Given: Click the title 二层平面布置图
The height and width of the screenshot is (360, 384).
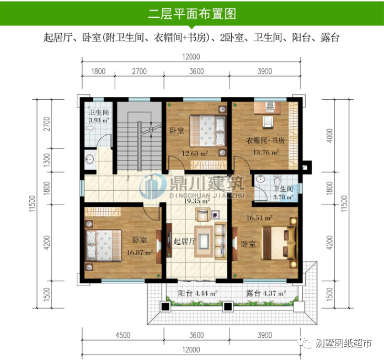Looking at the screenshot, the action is pyautogui.click(x=192, y=14).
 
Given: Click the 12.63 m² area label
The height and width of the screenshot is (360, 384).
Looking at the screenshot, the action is pyautogui.click(x=195, y=154).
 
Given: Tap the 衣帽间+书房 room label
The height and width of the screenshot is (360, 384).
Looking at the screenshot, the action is pyautogui.click(x=265, y=141).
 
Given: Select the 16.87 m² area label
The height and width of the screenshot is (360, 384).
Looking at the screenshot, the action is pyautogui.click(x=140, y=252).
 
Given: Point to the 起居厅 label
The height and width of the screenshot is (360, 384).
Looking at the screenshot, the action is pyautogui.click(x=184, y=241).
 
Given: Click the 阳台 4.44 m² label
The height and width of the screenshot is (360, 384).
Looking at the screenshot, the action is pyautogui.click(x=198, y=293).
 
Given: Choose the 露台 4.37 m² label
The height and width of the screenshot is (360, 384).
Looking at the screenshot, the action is pyautogui.click(x=266, y=293).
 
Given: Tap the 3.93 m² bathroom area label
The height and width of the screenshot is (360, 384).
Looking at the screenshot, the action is pyautogui.click(x=99, y=120).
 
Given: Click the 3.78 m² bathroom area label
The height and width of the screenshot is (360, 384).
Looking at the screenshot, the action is pyautogui.click(x=284, y=197).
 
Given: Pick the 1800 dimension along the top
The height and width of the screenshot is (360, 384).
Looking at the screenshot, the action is pyautogui.click(x=98, y=71).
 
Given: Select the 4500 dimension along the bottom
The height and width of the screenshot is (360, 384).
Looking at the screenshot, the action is pyautogui.click(x=123, y=335).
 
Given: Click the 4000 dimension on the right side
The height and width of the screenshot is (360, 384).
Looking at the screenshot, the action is pyautogui.click(x=330, y=136).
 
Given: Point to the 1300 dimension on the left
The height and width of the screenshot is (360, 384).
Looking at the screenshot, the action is pyautogui.click(x=46, y=160).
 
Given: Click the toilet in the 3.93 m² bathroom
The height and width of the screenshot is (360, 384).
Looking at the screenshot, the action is pyautogui.click(x=89, y=128).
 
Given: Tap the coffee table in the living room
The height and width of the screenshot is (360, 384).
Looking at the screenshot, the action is pyautogui.click(x=204, y=241).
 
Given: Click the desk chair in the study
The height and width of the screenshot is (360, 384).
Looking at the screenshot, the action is pyautogui.click(x=268, y=122).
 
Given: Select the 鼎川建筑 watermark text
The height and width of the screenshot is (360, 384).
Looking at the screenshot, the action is pyautogui.click(x=207, y=183).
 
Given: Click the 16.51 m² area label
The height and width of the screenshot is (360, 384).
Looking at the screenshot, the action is pyautogui.click(x=259, y=218).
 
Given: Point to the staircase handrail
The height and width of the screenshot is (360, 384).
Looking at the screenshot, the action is pyautogui.click(x=140, y=146).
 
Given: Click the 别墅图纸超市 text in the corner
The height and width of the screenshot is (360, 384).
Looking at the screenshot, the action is pyautogui.click(x=343, y=343).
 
